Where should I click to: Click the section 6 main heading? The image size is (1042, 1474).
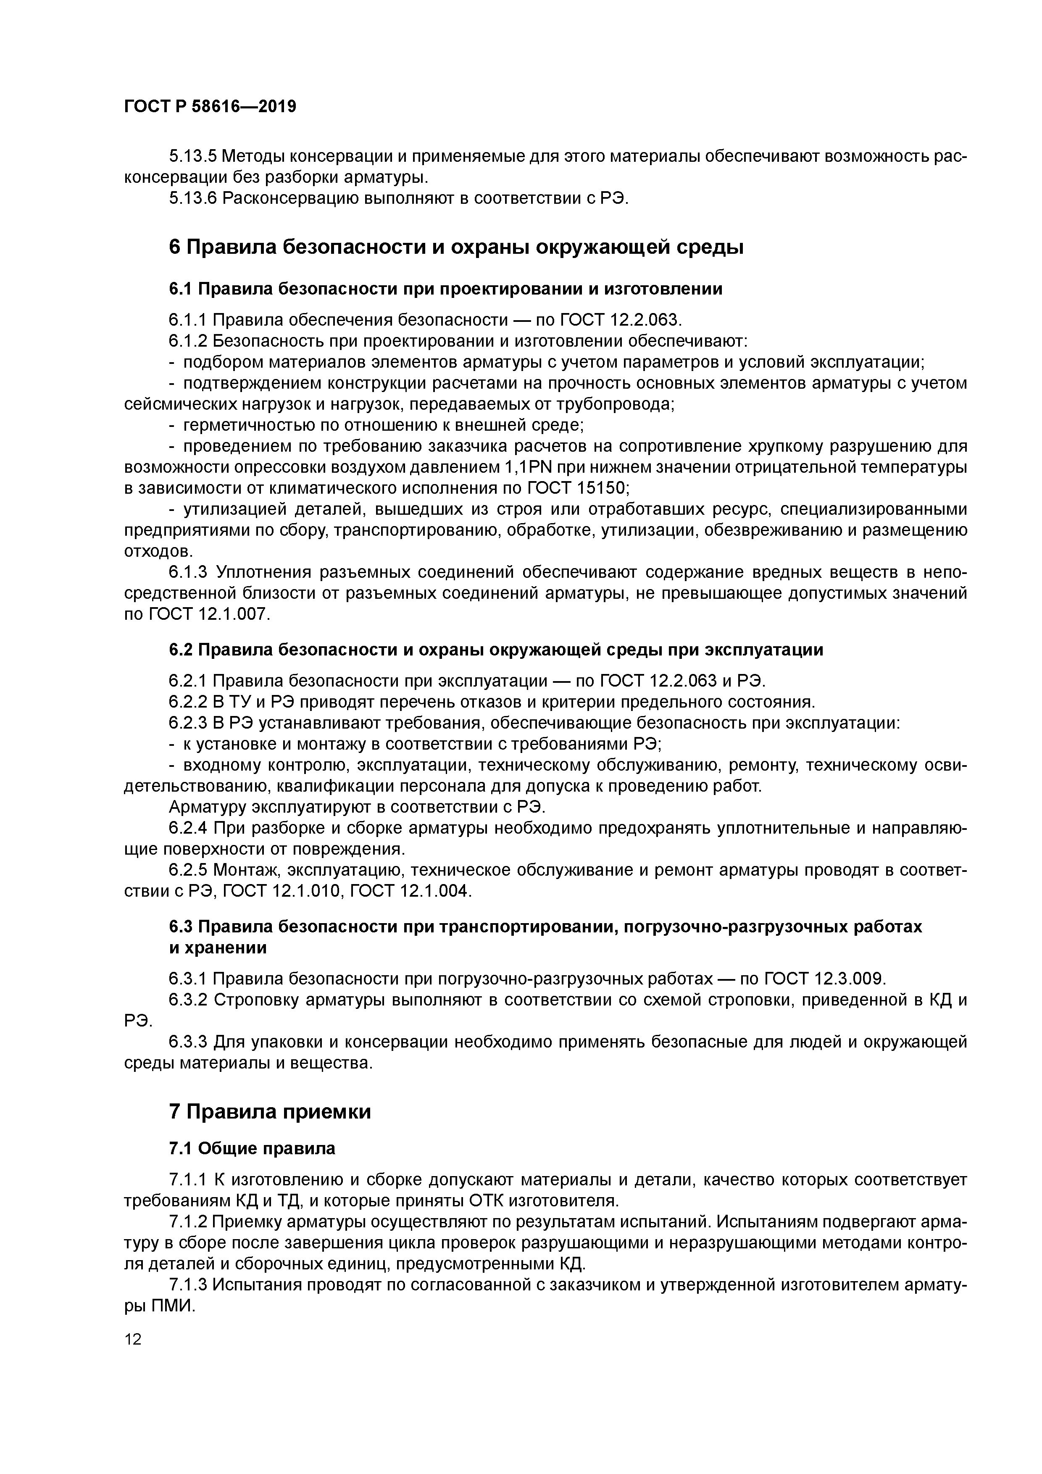coord(456,247)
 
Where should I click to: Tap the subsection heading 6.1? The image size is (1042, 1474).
coord(445,289)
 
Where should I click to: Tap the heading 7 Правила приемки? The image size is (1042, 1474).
coord(270,1111)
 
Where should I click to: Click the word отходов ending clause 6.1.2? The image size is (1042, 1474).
coord(157,551)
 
